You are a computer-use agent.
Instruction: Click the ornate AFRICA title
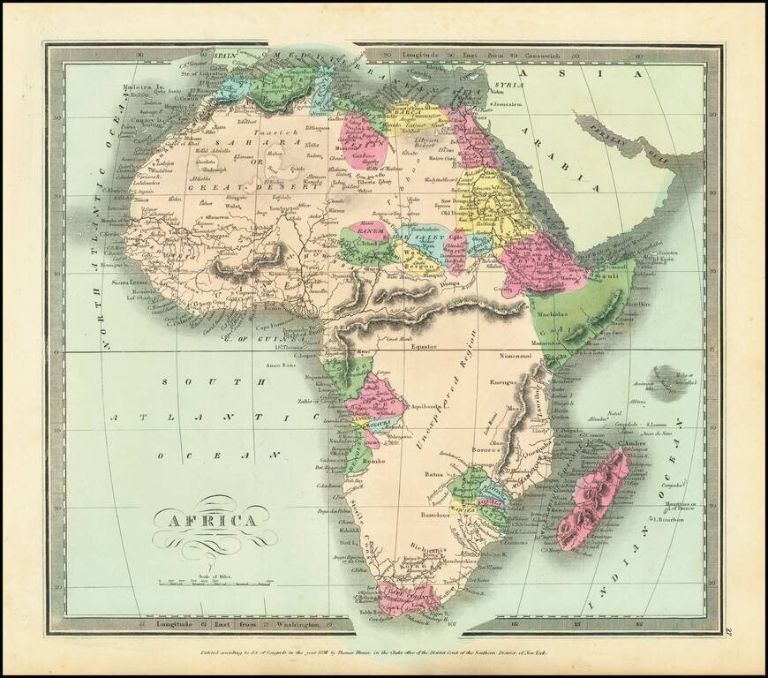pyautogui.click(x=206, y=519)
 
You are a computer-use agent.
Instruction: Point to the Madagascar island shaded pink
pyautogui.click(x=599, y=499)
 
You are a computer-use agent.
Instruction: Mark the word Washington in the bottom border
pyautogui.click(x=283, y=624)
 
